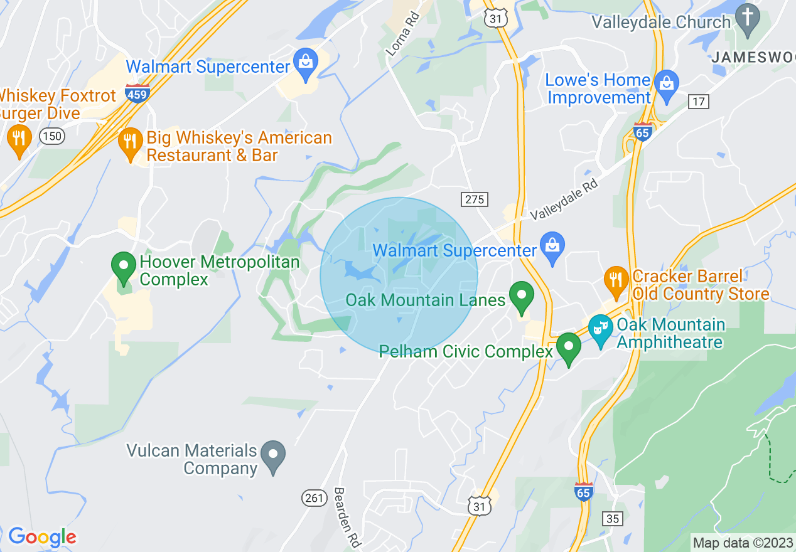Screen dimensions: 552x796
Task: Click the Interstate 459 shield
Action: point(137,94)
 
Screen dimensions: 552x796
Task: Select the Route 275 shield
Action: point(474,199)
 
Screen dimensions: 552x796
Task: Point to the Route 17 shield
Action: point(698,101)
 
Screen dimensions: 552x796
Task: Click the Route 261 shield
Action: point(315,498)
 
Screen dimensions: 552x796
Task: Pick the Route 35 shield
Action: point(613,518)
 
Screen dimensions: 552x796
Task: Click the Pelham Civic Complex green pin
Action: point(569,349)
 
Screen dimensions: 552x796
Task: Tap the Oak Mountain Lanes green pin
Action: point(520,297)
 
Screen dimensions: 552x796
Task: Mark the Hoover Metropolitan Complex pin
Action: point(124,268)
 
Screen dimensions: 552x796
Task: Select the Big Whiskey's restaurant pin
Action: point(130,144)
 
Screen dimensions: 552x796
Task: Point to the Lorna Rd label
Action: point(402,37)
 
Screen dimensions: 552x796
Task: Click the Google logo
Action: point(42,537)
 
